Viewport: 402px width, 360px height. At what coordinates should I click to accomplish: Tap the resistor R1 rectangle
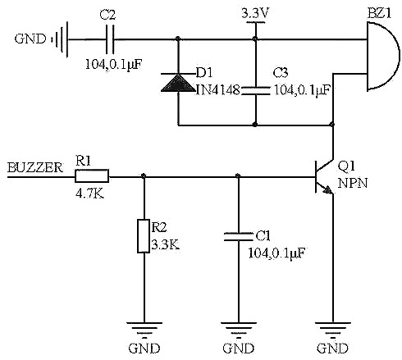coord(93,175)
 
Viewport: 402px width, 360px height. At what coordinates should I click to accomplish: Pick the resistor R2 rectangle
coord(144,235)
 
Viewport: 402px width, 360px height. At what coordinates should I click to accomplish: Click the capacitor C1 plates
coord(238,236)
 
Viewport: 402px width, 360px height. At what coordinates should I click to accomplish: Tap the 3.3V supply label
coord(257,14)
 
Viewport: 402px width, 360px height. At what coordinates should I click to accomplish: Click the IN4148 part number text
coord(217,89)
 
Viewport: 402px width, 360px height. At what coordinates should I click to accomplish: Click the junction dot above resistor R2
coord(144,175)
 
